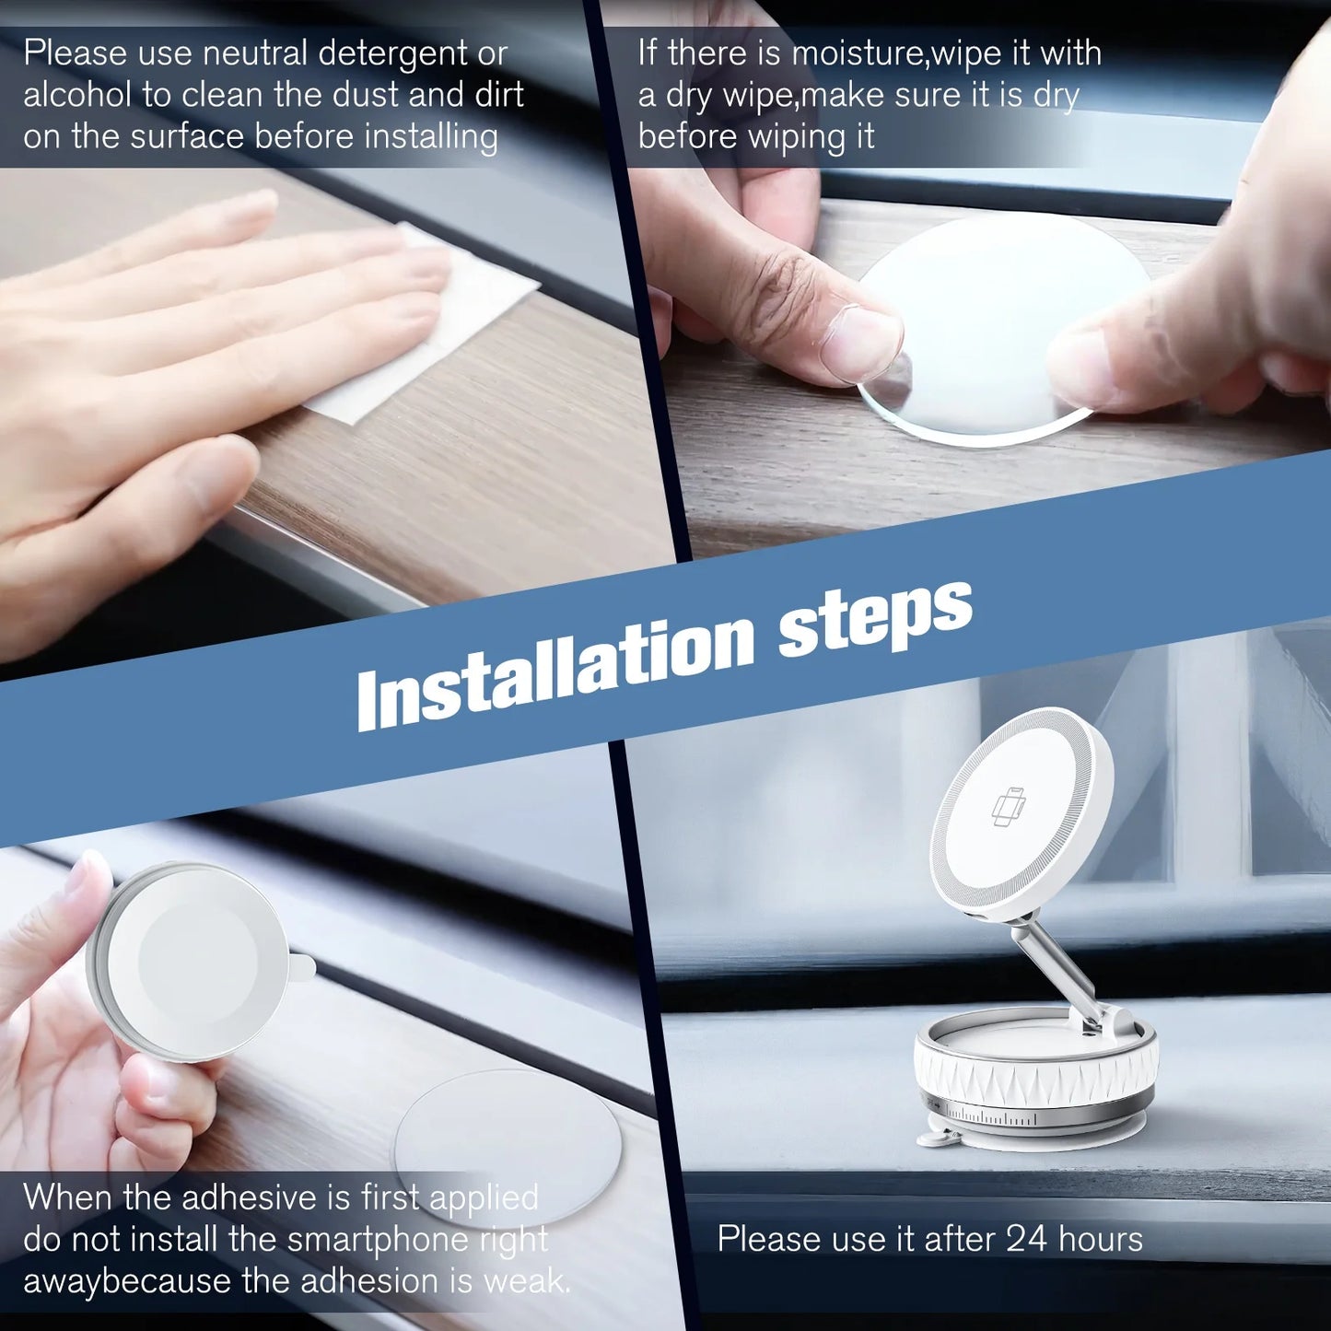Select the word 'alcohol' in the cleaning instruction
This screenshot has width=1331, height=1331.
click(x=76, y=95)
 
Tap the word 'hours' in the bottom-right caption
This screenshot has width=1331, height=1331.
click(x=1101, y=1239)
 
